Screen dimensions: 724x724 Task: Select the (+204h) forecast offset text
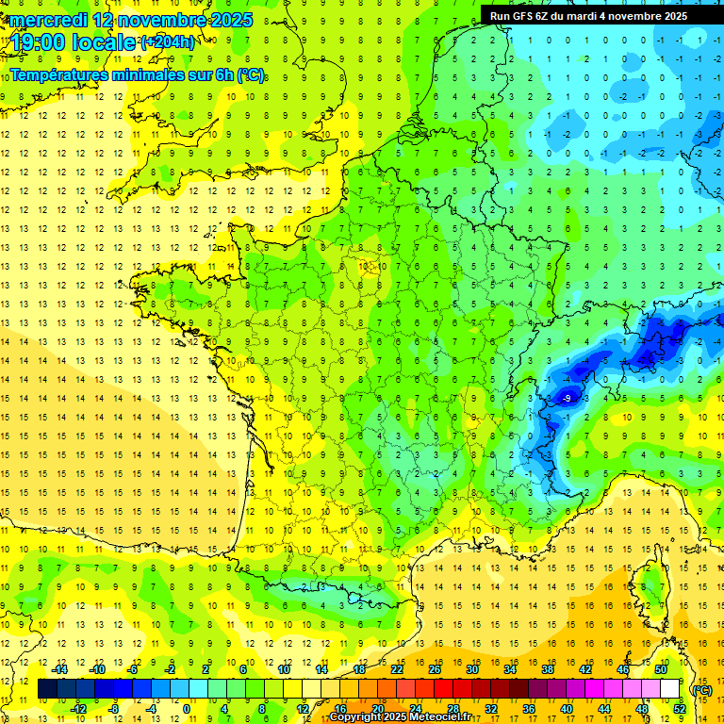pos(168,42)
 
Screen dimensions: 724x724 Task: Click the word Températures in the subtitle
pos(62,74)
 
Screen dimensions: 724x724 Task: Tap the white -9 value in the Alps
pos(566,399)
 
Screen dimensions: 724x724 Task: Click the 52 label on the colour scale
pos(680,709)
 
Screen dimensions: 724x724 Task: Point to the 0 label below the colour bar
pos(187,709)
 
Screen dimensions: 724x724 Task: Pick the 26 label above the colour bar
pos(435,669)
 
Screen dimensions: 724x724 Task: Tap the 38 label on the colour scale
pos(548,669)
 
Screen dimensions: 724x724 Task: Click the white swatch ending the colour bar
pos(669,689)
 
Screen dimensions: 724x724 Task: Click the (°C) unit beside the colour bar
pos(701,689)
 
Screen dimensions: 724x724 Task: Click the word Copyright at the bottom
pos(356,717)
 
